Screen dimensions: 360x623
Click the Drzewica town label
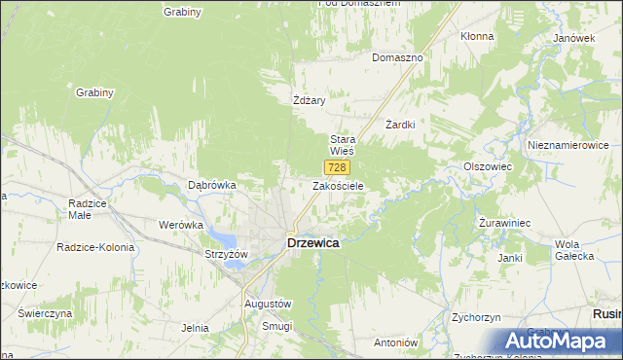coord(313,243)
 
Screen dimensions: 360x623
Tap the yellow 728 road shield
coord(336,167)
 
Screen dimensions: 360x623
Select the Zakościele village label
coord(338,185)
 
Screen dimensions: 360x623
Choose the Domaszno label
coord(397,57)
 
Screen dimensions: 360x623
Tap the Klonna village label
coord(477,36)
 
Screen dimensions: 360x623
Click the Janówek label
coord(573,38)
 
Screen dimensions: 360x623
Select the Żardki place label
coord(400,125)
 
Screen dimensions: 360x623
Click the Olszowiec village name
coord(488,166)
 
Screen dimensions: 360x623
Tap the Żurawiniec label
coord(504,223)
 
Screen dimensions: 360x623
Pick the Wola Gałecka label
coord(573,249)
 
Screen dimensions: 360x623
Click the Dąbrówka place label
coord(212,184)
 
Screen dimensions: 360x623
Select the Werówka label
coord(180,224)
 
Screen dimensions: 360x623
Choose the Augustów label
coord(267,304)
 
